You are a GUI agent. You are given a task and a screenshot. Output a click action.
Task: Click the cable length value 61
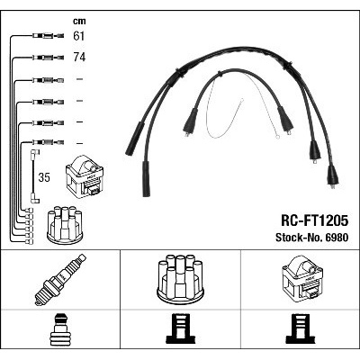click(x=79, y=36)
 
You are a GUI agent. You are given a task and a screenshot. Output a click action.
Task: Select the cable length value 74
click(x=79, y=57)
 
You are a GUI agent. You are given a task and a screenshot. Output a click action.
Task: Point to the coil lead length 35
click(x=44, y=177)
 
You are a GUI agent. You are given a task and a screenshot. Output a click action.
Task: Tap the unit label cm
click(x=79, y=21)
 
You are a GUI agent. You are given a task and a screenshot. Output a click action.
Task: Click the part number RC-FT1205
click(x=314, y=220)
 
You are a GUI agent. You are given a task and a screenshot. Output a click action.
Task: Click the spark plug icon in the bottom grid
click(x=60, y=280)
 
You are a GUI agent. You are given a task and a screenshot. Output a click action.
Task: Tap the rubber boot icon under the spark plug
click(x=60, y=329)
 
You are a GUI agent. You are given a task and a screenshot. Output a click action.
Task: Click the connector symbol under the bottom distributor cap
click(x=180, y=329)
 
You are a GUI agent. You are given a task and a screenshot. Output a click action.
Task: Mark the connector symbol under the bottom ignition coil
click(x=301, y=329)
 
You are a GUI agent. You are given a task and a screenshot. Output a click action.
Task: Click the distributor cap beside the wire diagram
click(x=65, y=224)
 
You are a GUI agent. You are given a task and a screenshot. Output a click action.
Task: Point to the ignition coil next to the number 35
click(x=85, y=176)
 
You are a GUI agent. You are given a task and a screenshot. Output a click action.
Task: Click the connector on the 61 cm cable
click(x=48, y=36)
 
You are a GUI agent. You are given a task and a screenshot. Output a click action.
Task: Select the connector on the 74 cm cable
click(x=48, y=58)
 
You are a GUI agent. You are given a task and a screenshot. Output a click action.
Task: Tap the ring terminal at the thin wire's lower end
click(x=277, y=138)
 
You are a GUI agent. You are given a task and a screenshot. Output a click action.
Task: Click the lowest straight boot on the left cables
click(x=146, y=179)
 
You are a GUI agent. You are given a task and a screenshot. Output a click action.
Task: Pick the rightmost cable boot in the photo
click(x=332, y=176)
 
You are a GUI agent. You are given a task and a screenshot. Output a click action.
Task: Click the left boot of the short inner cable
click(x=190, y=122)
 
